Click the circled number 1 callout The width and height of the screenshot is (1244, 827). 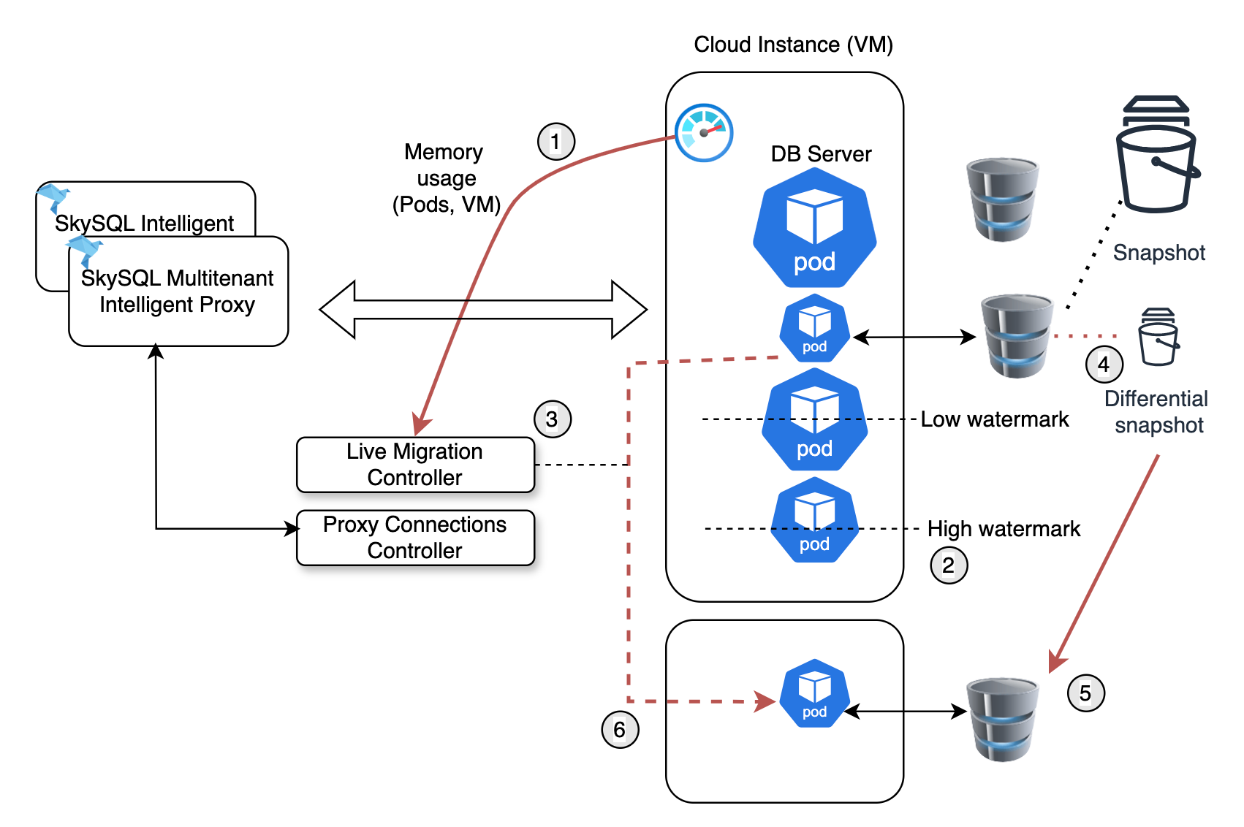556,142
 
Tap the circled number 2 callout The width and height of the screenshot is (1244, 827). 949,565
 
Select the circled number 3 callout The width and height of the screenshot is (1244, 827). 553,419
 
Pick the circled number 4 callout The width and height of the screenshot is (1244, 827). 1104,365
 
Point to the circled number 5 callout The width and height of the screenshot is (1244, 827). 1085,693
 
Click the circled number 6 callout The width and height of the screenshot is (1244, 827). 620,730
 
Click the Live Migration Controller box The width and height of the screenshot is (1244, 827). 415,465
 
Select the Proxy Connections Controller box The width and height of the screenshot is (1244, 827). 415,538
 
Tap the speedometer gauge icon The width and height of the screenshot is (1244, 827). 703,133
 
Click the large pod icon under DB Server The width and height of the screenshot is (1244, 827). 814,228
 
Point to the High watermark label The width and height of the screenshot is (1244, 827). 1004,529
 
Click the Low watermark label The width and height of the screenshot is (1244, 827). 994,419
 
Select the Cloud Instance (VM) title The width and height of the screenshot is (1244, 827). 793,45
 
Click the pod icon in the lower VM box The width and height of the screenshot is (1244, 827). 814,693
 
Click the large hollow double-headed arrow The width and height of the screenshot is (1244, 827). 483,310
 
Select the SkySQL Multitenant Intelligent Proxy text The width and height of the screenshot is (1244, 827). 178,291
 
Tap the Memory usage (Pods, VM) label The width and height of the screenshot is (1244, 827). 446,178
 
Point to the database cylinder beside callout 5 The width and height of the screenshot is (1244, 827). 1002,719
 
